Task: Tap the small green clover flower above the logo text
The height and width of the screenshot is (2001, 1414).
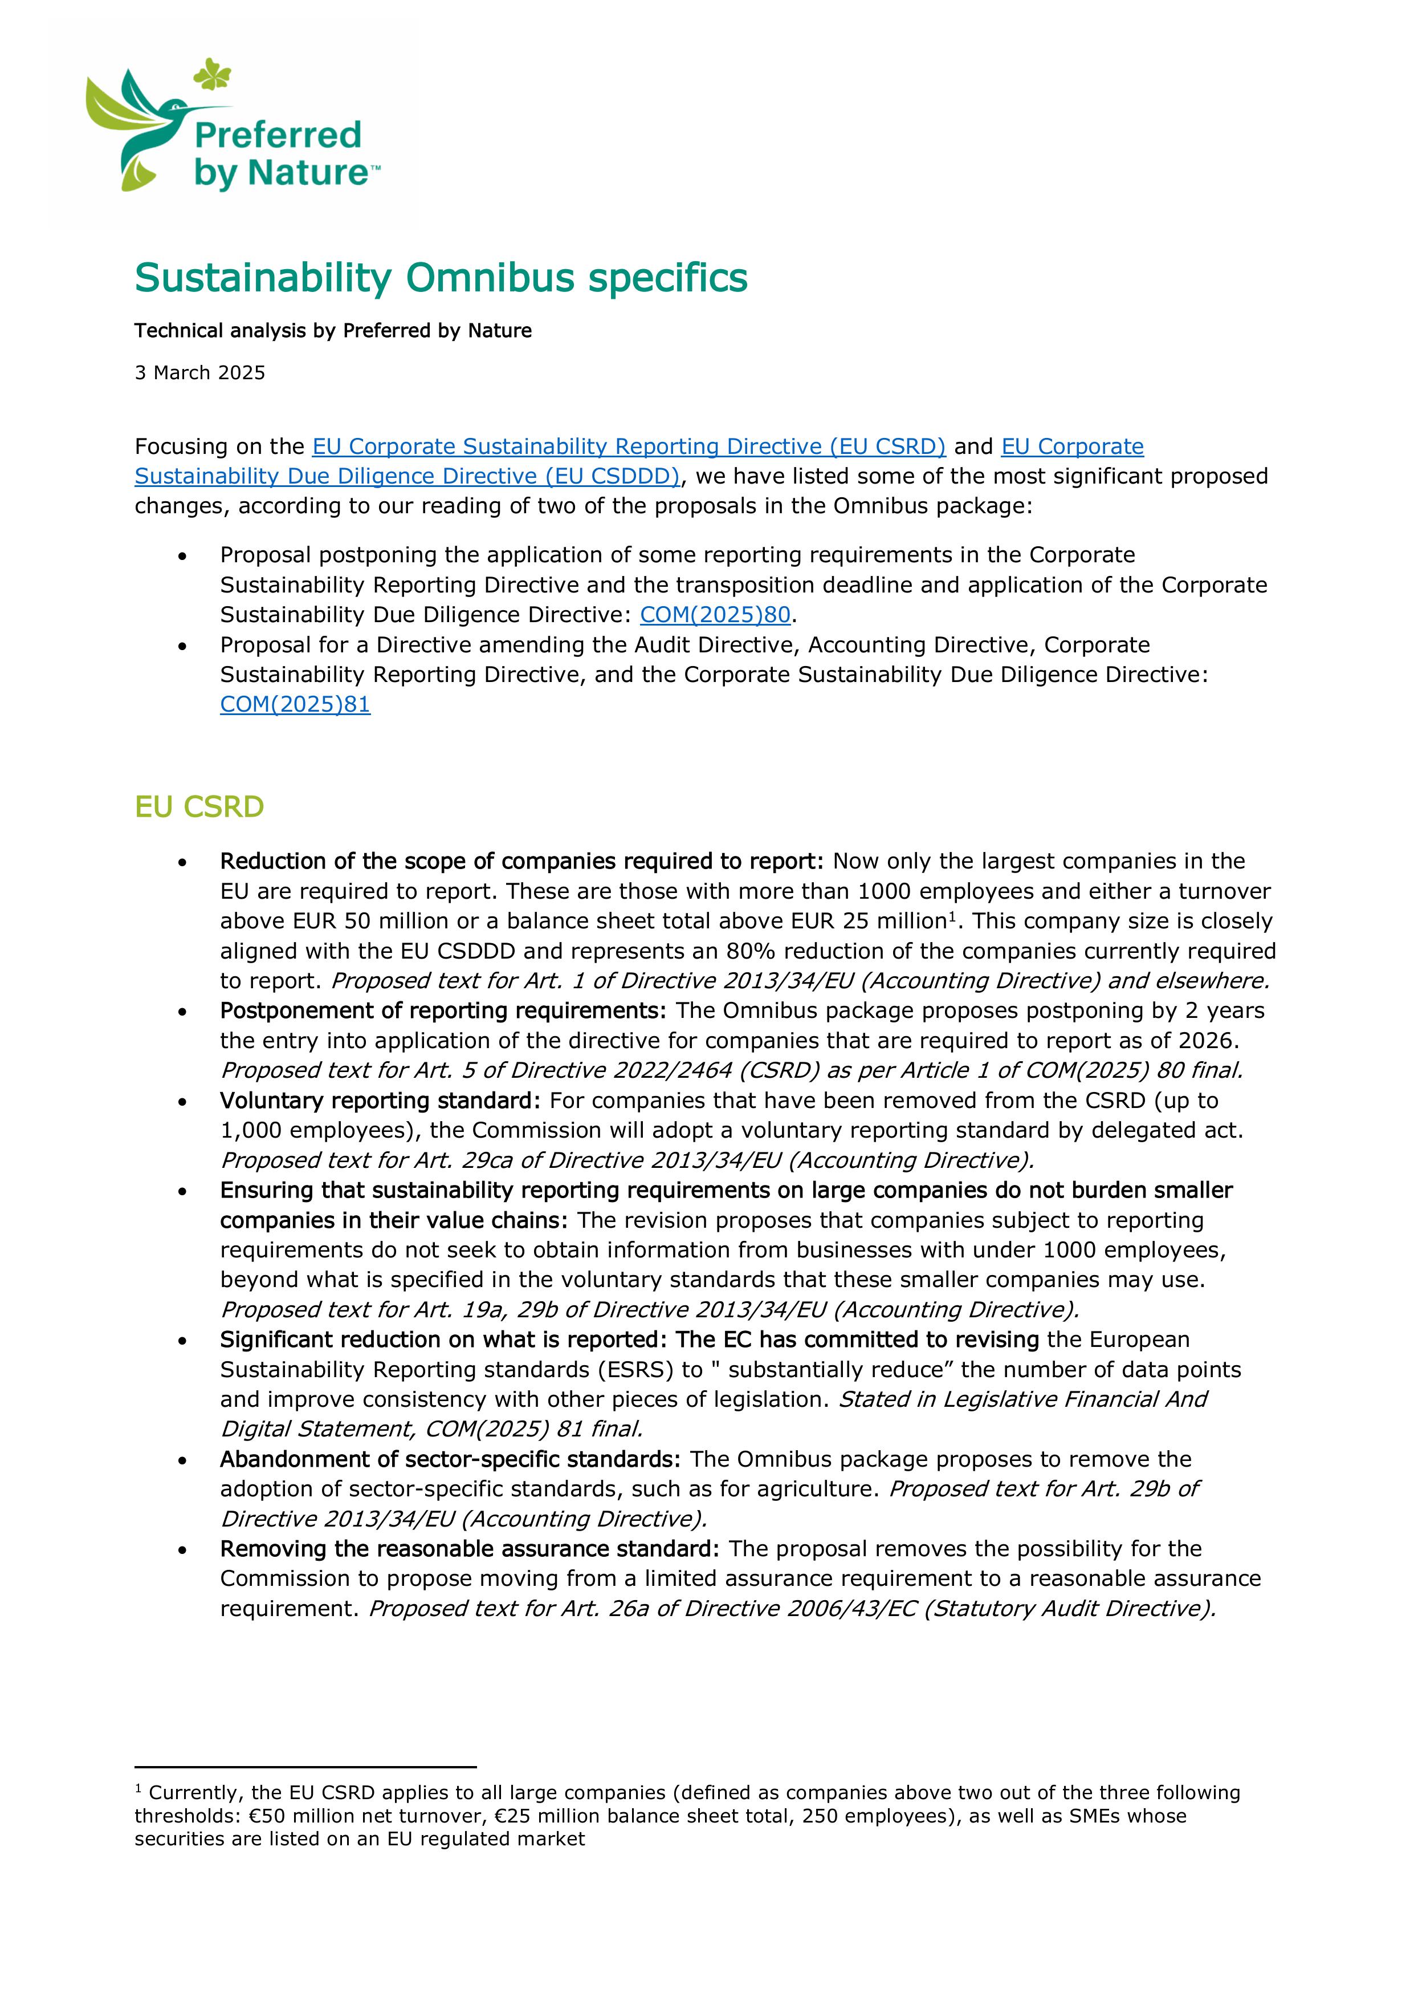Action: point(211,74)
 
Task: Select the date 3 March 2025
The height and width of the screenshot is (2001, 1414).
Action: point(199,373)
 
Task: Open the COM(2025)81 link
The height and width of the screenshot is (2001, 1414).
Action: point(295,704)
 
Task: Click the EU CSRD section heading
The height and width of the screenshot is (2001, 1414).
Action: point(199,807)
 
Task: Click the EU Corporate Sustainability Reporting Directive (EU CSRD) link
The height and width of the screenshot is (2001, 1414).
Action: point(628,446)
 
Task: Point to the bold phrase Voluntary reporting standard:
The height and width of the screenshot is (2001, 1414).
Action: point(380,1101)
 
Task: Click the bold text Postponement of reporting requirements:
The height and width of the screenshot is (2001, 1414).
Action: point(443,1011)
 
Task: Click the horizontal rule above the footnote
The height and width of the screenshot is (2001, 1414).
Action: point(305,1767)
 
